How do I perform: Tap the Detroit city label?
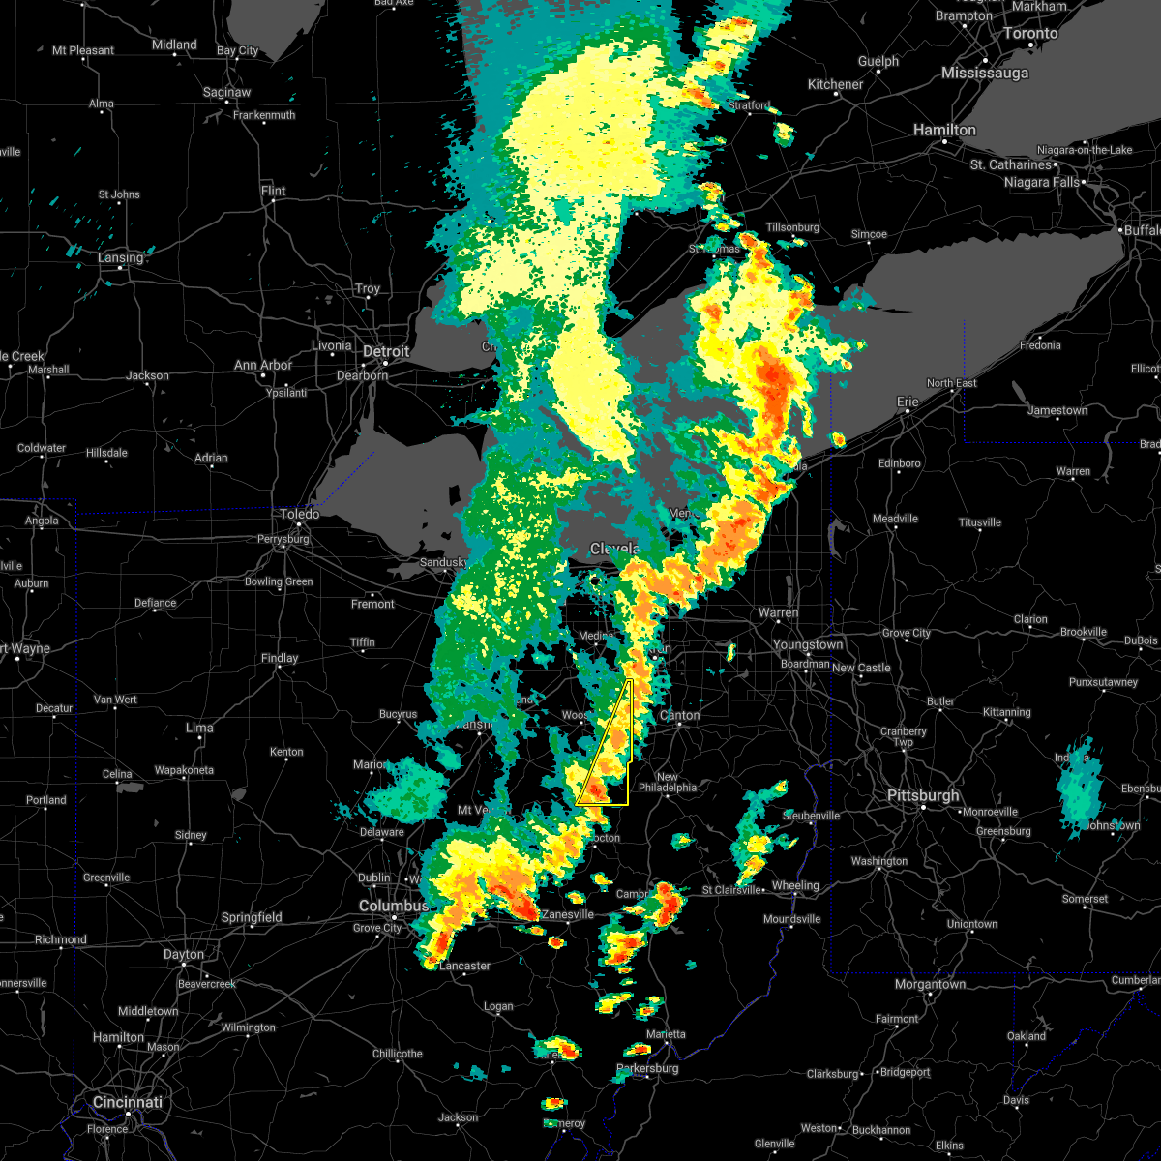[x=387, y=351]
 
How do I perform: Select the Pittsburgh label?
[x=924, y=795]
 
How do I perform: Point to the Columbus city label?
[x=393, y=906]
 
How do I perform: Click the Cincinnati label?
[x=127, y=1102]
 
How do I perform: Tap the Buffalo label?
[x=1142, y=230]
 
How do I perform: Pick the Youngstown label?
[x=808, y=644]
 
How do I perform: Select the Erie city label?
[x=908, y=401]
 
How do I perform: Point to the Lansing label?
[x=120, y=257]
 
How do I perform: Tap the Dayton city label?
[x=184, y=954]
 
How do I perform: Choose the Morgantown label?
[x=929, y=984]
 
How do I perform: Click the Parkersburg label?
[x=647, y=1068]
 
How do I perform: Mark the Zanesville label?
[x=567, y=914]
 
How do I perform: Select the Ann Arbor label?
[x=263, y=366]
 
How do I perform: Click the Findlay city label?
[x=280, y=658]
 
